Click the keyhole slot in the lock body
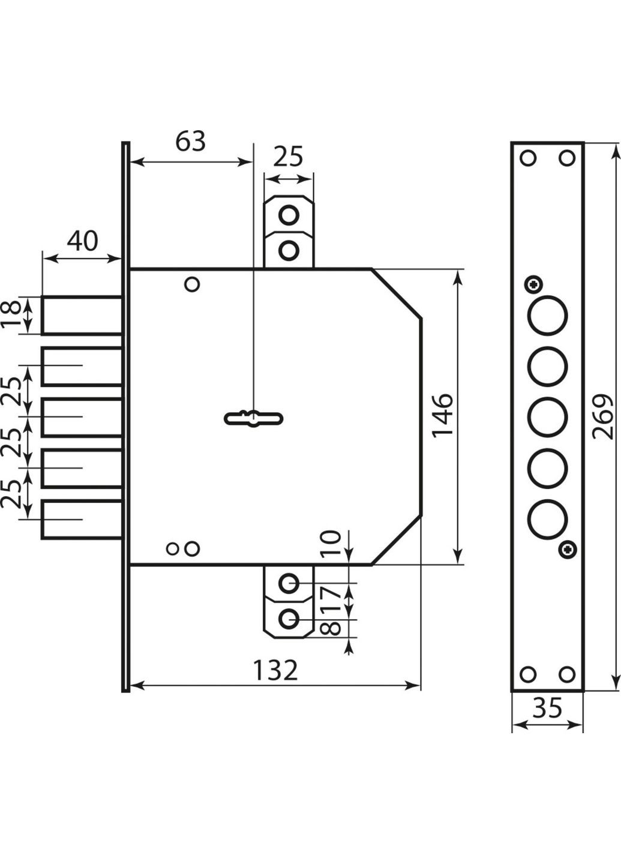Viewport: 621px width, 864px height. (254, 418)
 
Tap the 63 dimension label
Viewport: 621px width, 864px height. (190, 142)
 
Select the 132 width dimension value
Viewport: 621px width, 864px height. (275, 670)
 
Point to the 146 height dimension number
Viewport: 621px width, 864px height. (442, 416)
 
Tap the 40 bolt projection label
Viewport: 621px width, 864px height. (82, 241)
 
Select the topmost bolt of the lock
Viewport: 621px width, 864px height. (82, 315)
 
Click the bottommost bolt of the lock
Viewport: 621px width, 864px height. (82, 520)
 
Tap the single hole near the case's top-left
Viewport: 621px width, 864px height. (192, 284)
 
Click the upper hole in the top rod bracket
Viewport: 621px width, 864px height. (289, 215)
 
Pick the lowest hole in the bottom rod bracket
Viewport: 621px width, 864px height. (289, 618)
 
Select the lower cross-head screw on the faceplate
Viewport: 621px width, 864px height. (567, 548)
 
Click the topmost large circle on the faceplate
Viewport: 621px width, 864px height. (548, 316)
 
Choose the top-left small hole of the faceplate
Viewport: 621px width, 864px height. (528, 158)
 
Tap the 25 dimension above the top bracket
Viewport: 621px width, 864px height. (289, 157)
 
